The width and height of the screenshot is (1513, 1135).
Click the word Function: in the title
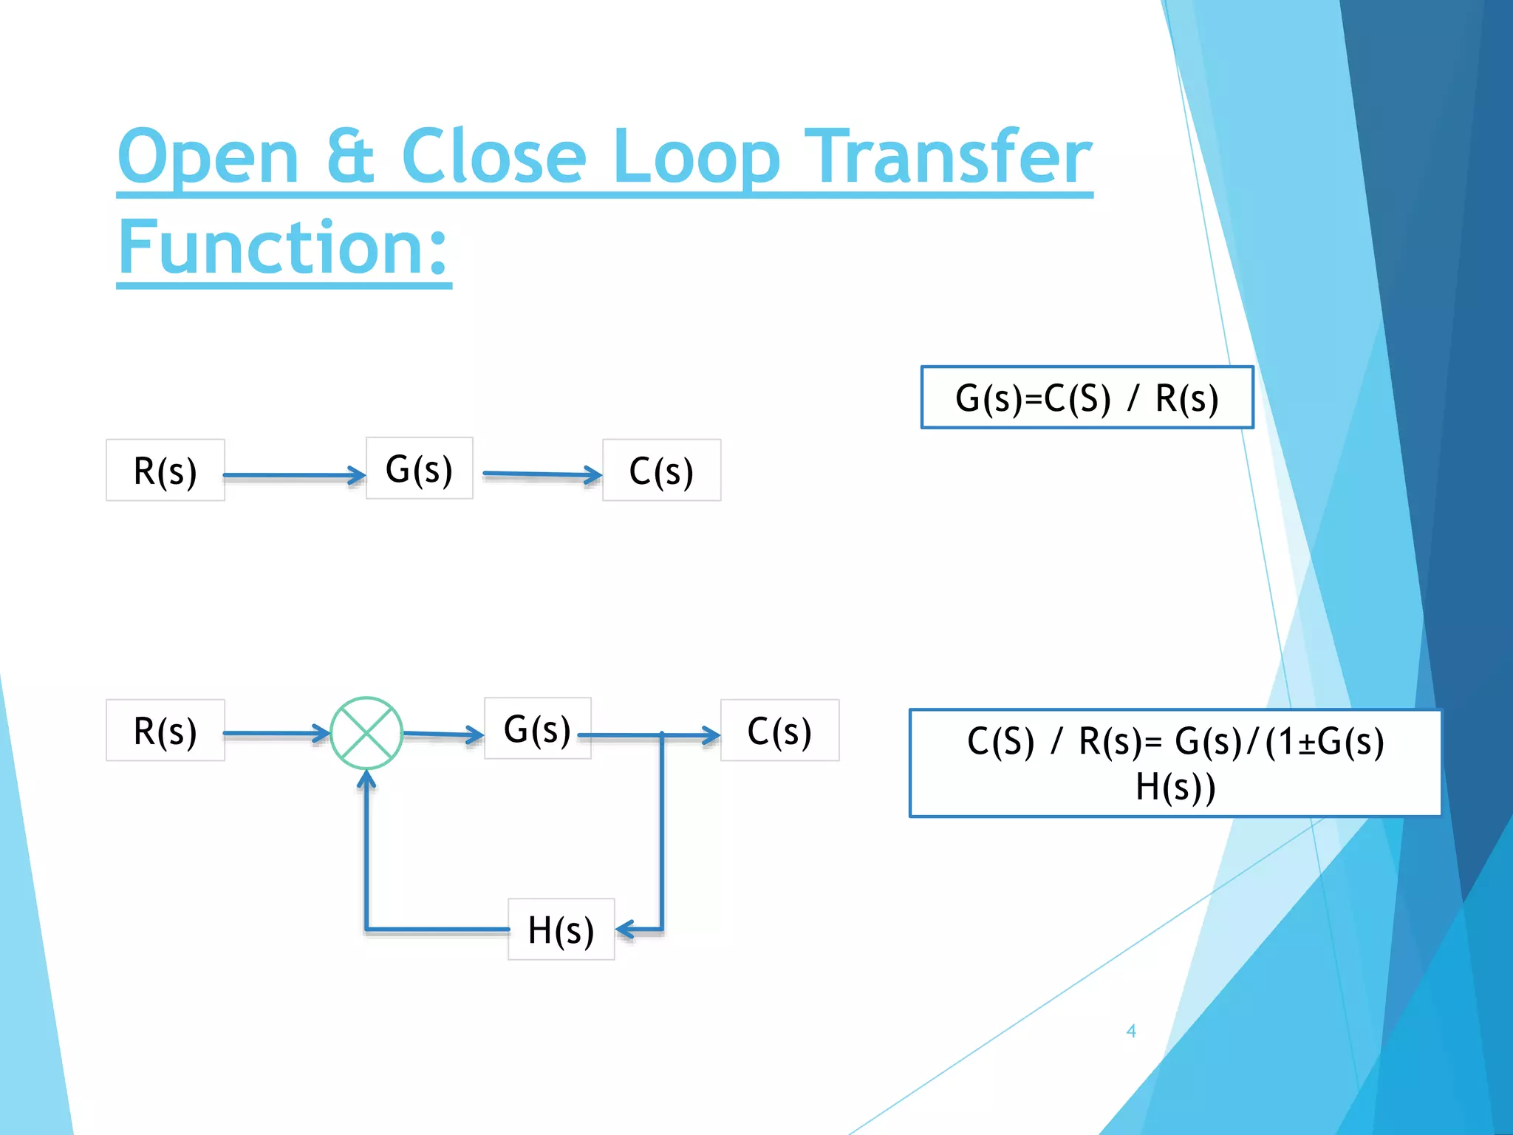coord(284,247)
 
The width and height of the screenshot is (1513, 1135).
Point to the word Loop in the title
coord(696,157)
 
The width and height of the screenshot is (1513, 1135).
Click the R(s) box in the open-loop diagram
coord(165,471)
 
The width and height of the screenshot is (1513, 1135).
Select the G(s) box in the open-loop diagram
coord(420,468)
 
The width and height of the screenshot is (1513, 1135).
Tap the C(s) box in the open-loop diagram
coord(661,471)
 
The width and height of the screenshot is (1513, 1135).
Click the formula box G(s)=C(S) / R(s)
coord(1087,398)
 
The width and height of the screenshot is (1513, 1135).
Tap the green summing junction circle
coord(366,733)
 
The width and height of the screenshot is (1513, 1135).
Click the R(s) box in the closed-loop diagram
coord(165,731)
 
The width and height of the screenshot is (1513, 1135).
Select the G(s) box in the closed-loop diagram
coord(537,729)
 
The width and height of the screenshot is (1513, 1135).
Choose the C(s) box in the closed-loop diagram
coord(779,731)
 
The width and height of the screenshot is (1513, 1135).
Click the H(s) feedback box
coord(561,930)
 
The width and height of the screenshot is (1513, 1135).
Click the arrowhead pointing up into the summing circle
coord(366,780)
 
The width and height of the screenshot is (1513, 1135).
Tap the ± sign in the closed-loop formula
coord(1307,743)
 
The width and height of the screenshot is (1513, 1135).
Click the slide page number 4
coord(1131,1031)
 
